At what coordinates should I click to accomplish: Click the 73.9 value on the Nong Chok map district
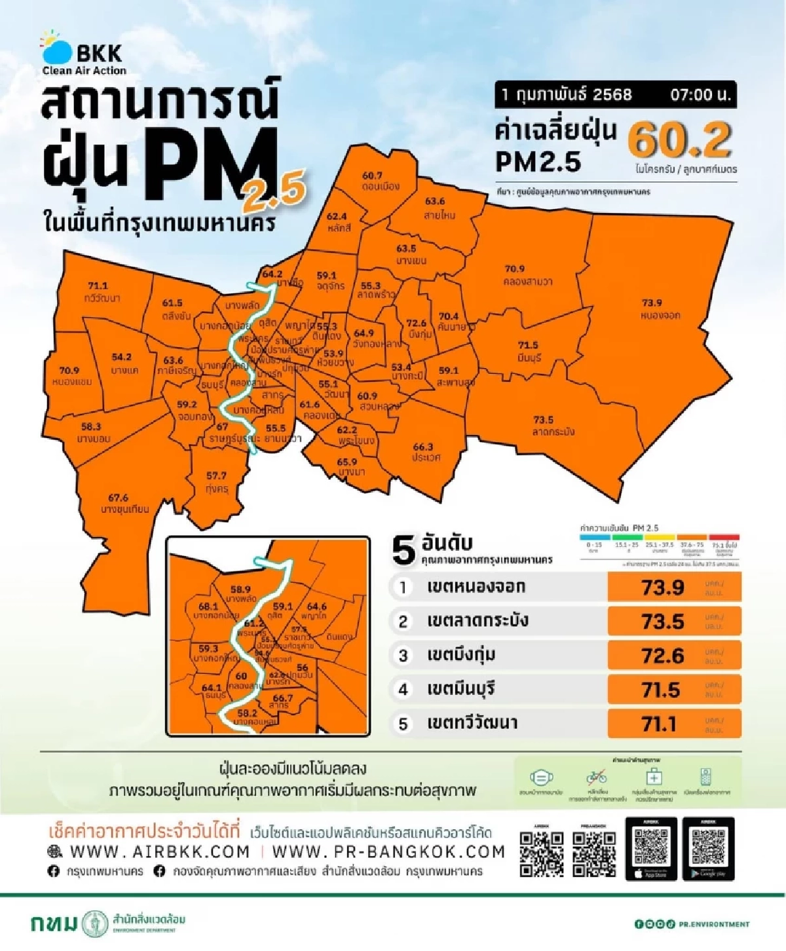point(651,303)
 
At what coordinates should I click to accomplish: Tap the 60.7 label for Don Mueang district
point(372,176)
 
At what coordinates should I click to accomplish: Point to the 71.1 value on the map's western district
point(98,286)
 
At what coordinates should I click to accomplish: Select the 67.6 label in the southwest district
point(119,498)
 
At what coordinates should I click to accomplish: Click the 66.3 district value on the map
point(423,447)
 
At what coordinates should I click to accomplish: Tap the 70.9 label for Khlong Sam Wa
point(515,269)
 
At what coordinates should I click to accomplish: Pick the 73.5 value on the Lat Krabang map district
point(543,420)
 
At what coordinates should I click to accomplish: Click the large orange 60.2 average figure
point(680,140)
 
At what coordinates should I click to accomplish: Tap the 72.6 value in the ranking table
point(663,656)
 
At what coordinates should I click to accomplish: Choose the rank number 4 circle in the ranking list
point(403,690)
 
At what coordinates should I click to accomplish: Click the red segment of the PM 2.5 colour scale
point(724,538)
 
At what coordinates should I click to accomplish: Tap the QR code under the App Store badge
point(651,846)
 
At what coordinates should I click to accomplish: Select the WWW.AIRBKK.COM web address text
point(160,851)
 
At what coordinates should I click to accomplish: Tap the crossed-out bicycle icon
point(596,777)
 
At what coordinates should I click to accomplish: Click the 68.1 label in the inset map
point(208,606)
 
